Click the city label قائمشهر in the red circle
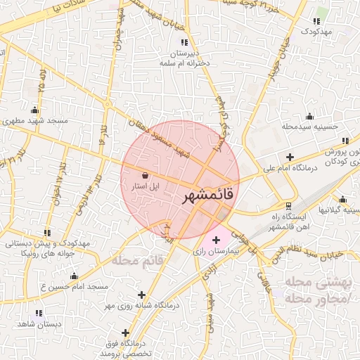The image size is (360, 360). coord(207,196)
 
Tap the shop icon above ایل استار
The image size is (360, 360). coord(145,175)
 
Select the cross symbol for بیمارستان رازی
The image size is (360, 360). coord(215,240)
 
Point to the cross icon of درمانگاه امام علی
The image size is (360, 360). coord(290,156)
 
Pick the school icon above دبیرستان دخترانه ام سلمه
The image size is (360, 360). coord(184,43)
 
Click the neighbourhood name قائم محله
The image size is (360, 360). coord(138,261)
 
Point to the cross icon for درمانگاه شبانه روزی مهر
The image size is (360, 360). coord(143,295)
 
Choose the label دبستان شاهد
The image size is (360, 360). coord(37,323)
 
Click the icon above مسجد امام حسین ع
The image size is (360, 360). coord(74,276)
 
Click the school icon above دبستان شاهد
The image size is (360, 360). coord(39,312)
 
